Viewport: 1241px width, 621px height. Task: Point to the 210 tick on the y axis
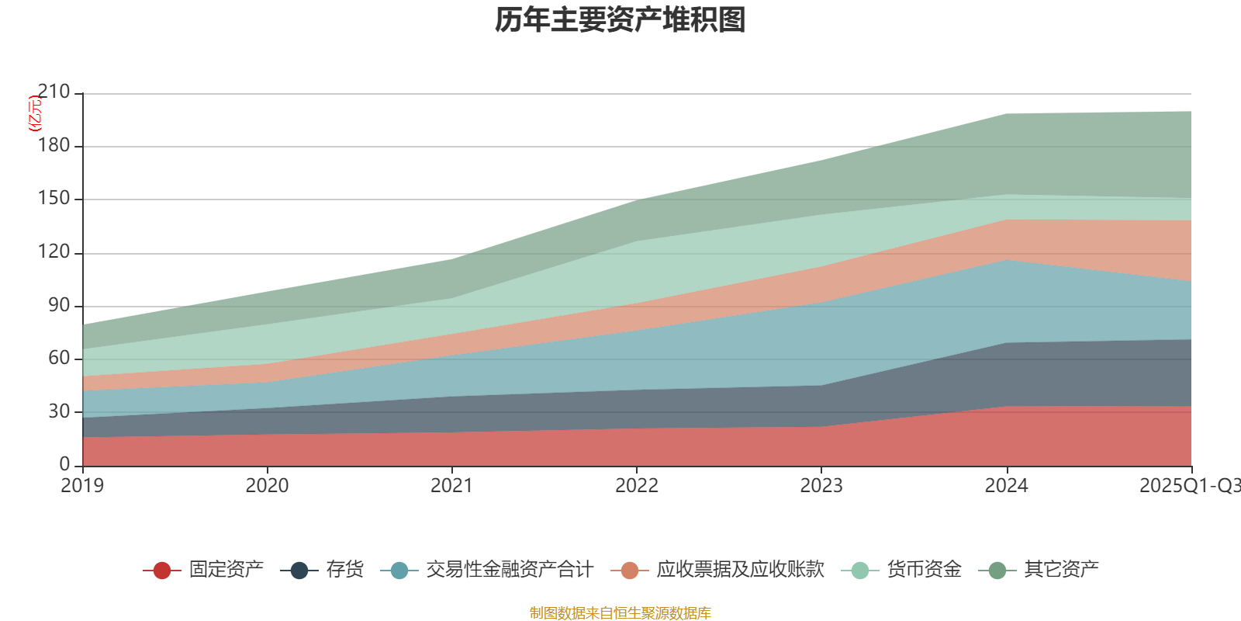[x=54, y=92]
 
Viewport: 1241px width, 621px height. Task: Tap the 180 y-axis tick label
[x=54, y=146]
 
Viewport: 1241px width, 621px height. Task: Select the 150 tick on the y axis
[x=54, y=199]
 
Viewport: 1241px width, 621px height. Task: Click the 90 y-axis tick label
[x=59, y=305]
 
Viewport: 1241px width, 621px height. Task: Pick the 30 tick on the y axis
[x=59, y=411]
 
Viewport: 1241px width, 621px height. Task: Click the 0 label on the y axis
[x=64, y=464]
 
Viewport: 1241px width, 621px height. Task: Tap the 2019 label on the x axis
[x=82, y=486]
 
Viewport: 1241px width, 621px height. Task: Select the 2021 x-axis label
[x=451, y=486]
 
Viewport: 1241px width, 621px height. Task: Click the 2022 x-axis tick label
[x=636, y=486]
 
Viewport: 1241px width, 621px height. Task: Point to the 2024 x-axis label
[x=1006, y=486]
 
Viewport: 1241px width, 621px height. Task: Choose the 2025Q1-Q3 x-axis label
[x=1189, y=486]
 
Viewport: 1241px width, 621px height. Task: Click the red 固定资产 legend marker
[x=162, y=571]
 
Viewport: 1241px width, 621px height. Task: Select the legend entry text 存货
[x=344, y=570]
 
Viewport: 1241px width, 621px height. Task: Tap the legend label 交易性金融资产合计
[x=510, y=570]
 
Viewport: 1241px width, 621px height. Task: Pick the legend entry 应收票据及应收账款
[x=740, y=570]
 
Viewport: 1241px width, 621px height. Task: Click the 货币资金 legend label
[x=925, y=570]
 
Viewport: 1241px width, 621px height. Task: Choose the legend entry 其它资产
[x=1061, y=570]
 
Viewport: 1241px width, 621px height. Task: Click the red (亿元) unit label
[x=35, y=113]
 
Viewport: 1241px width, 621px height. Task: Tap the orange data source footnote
[x=620, y=613]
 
